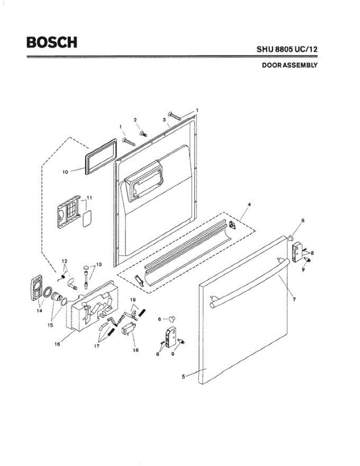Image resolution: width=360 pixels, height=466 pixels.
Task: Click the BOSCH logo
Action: click(x=52, y=42)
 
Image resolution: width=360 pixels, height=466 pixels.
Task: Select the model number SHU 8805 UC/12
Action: click(x=287, y=50)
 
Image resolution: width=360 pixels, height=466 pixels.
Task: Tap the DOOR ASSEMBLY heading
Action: click(x=289, y=65)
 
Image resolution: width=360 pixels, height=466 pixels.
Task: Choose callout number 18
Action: click(x=136, y=349)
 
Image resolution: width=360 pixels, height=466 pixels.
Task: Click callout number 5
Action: click(x=184, y=376)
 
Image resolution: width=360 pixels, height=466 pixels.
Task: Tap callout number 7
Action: click(x=294, y=299)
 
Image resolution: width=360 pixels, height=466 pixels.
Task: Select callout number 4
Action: click(x=249, y=204)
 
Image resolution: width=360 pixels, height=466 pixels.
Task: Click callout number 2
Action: click(x=136, y=120)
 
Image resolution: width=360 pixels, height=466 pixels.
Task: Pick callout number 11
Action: click(x=89, y=198)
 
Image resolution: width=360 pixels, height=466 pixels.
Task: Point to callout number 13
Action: click(x=99, y=264)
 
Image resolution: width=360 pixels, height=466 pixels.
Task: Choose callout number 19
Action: click(x=132, y=300)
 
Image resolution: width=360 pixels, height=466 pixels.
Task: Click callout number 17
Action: click(x=97, y=345)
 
